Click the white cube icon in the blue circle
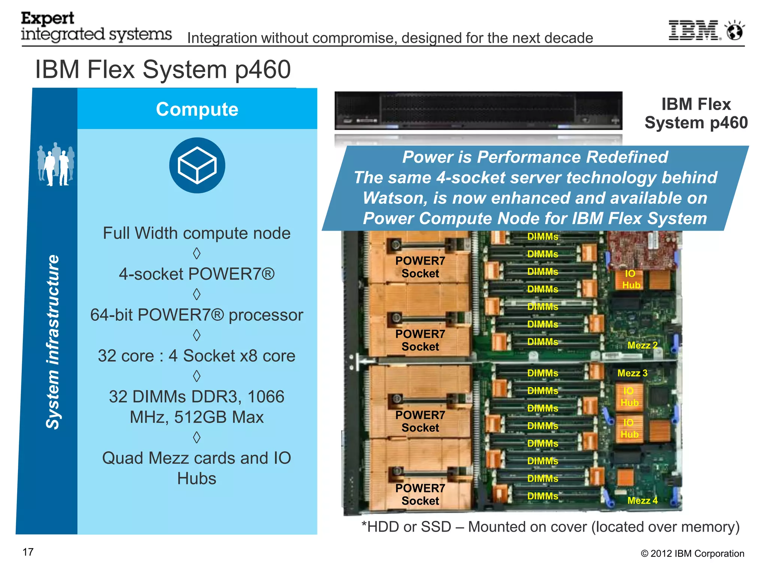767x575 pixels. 197,165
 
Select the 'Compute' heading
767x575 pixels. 197,109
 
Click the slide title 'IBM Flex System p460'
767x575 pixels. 163,70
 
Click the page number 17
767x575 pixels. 28,552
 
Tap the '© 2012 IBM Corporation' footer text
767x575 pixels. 692,554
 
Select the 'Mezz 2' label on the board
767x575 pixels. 642,345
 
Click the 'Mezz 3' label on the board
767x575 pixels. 632,373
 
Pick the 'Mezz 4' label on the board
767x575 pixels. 642,501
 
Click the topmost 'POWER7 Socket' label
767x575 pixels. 420,267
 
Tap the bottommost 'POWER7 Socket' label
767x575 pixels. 420,495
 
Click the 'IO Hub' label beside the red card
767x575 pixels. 631,279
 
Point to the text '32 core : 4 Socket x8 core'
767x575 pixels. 197,356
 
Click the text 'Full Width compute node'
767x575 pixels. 197,233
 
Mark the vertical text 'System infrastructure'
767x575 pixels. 53,341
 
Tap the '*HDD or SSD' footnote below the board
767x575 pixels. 406,527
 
